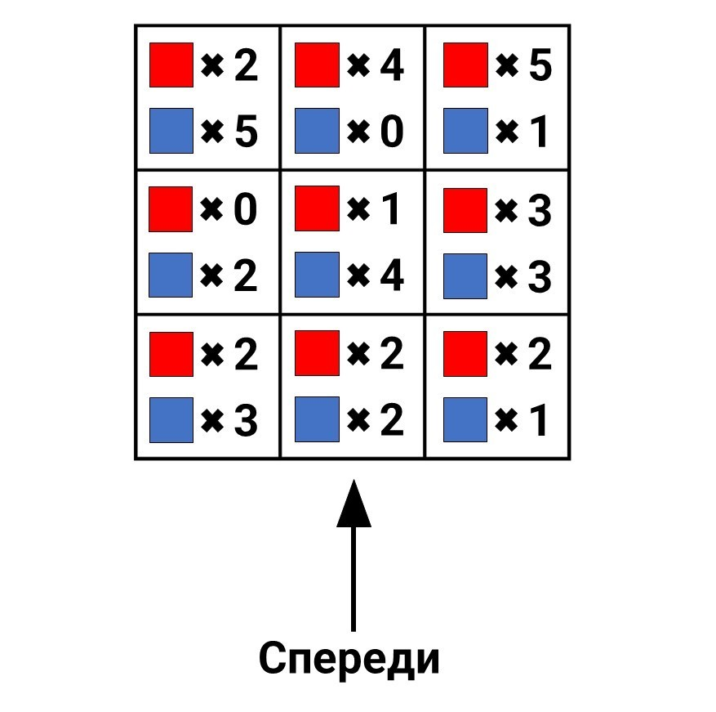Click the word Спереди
349,659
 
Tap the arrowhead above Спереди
354,503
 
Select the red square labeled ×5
465,65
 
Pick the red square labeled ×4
317,65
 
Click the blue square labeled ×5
171,131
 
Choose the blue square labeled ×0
317,131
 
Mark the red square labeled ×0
171,209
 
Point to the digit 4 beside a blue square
392,275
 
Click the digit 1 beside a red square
392,208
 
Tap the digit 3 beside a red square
540,210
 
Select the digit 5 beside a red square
540,65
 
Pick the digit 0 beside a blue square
392,132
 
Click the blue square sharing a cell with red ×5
465,131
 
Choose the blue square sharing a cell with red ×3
465,276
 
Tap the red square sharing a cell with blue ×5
171,65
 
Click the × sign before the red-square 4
358,65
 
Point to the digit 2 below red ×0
246,275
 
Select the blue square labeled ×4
317,275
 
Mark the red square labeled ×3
465,210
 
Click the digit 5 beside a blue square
246,132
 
